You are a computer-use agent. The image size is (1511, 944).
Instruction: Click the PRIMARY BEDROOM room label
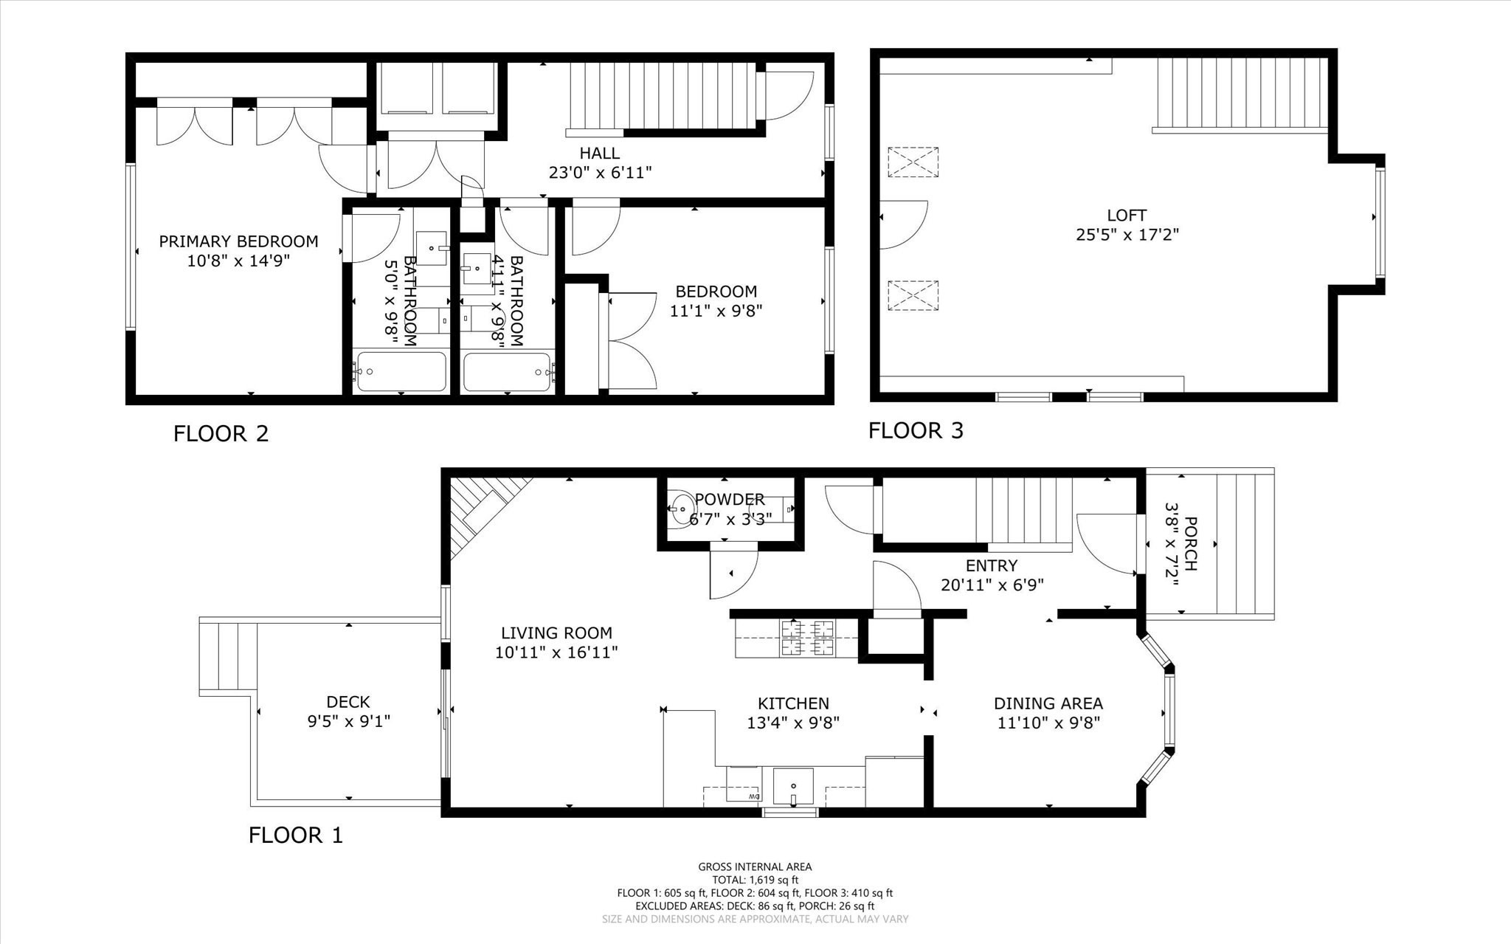point(238,241)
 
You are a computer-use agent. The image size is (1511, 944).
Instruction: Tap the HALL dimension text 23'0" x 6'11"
point(599,173)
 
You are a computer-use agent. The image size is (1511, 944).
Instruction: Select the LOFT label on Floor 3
point(1126,216)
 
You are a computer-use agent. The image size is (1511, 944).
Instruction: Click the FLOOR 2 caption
point(221,433)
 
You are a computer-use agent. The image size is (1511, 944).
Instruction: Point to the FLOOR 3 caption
point(916,430)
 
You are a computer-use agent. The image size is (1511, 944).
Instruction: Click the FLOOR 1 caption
point(295,836)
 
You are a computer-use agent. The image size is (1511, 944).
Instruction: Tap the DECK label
point(348,702)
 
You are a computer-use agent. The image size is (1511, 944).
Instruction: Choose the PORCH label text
point(1190,544)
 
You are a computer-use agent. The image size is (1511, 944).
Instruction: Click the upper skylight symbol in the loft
point(913,162)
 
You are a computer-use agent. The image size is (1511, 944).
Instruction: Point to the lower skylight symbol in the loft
point(913,295)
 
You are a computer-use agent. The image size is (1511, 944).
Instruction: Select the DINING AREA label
point(1048,703)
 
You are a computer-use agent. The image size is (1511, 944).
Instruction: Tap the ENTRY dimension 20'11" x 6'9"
point(992,585)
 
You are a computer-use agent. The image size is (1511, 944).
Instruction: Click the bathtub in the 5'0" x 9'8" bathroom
point(401,372)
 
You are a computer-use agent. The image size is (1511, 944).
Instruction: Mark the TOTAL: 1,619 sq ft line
point(755,880)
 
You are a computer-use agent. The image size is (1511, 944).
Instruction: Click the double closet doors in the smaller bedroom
point(630,340)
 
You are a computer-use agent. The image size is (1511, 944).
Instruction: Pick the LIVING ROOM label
point(556,633)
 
